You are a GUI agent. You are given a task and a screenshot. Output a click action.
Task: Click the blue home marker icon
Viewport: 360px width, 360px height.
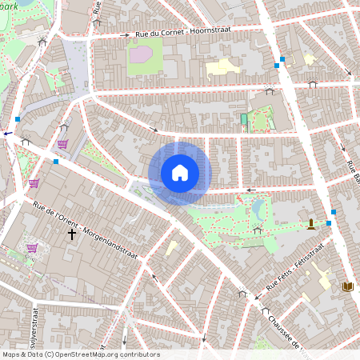(180, 172)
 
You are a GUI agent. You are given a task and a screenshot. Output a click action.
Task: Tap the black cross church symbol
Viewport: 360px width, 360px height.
(72, 234)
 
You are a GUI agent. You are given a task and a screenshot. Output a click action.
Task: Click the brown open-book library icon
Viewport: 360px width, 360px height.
(347, 286)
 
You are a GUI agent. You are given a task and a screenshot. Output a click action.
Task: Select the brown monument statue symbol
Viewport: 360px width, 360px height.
(311, 223)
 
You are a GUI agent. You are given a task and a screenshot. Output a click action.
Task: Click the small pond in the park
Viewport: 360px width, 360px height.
(258, 210)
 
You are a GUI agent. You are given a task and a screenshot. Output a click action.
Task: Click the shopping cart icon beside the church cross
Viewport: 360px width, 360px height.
(32, 248)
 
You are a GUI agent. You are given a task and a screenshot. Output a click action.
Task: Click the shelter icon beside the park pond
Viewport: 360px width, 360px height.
(257, 230)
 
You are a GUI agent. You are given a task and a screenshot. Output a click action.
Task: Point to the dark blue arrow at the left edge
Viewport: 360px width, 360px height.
(7, 134)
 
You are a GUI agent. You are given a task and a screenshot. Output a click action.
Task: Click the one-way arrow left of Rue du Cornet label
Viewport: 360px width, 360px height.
(124, 35)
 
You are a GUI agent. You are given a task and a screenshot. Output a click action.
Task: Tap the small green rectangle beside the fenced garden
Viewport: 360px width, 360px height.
(244, 119)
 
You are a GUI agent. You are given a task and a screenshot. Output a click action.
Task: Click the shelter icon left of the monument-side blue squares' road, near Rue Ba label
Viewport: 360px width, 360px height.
(312, 82)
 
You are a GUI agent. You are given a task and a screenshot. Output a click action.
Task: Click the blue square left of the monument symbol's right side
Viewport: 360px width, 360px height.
(329, 223)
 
